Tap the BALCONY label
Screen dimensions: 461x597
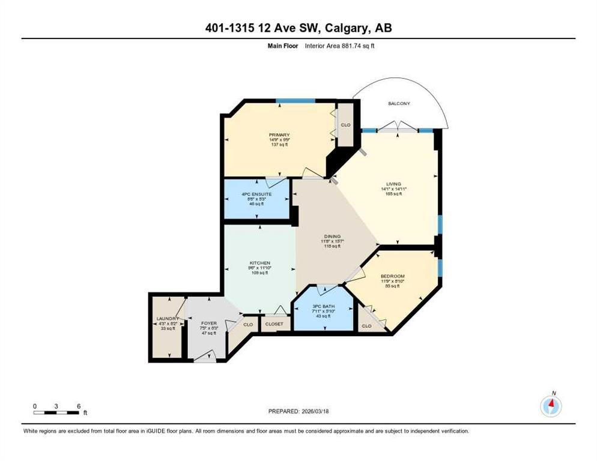tap(399, 104)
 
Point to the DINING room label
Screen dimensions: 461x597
tap(332, 237)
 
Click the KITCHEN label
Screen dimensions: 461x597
tap(260, 263)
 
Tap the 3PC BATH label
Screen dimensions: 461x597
tap(323, 307)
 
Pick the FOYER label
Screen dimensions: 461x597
tap(208, 324)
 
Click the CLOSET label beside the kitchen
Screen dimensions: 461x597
tap(274, 324)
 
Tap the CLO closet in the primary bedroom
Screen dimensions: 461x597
tap(345, 125)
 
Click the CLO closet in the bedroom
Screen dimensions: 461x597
tap(366, 326)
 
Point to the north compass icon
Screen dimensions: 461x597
tap(551, 406)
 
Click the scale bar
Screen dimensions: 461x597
tap(56, 412)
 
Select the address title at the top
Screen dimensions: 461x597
tap(298, 28)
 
